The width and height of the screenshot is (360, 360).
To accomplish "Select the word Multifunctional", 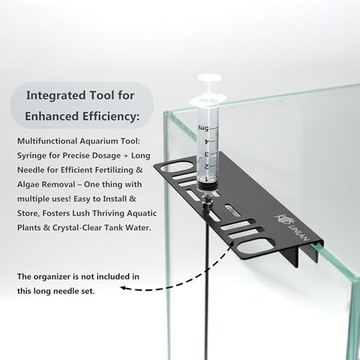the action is point(48,141).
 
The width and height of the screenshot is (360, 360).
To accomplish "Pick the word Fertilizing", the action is point(114,170).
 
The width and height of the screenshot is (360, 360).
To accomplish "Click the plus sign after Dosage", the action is point(126,156).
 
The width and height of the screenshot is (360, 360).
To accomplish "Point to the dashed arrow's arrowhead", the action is point(123,287).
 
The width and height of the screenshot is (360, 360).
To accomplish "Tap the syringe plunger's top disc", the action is point(209,78).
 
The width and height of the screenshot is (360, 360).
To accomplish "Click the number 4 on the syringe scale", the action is point(206,141).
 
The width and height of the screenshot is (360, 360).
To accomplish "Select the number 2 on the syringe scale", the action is point(206,167).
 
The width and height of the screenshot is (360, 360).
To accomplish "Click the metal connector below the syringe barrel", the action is point(204,201).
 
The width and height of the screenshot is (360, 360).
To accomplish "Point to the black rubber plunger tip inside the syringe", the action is point(207,185).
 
